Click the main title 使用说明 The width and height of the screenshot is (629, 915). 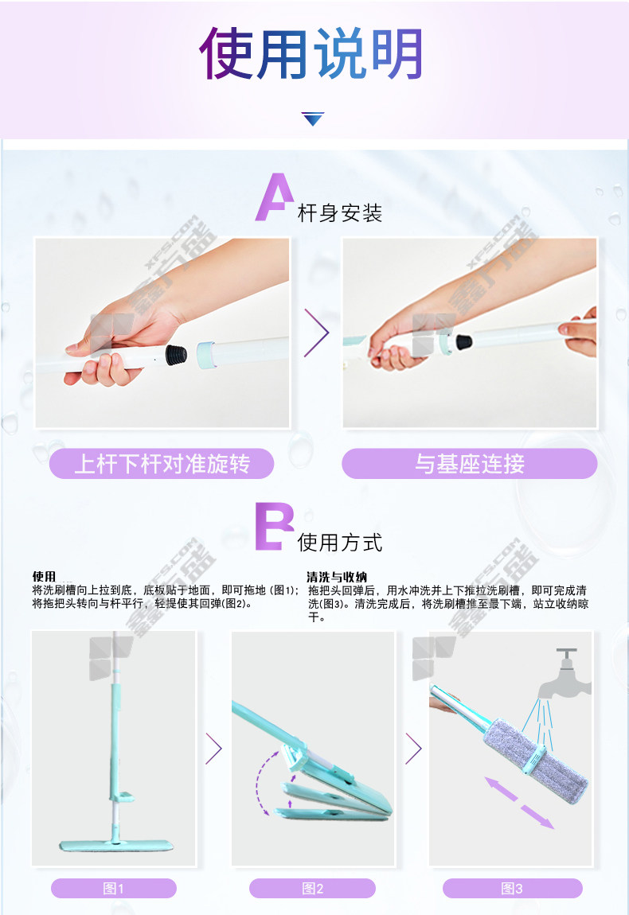click(x=311, y=53)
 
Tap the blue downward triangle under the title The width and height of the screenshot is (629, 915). click(x=313, y=119)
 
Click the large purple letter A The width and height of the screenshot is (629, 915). click(x=274, y=197)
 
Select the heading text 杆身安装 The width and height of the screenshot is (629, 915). click(x=340, y=213)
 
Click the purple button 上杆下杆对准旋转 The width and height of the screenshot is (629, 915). click(x=162, y=464)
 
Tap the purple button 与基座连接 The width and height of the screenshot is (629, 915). click(x=470, y=464)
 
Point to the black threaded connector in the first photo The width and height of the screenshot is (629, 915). click(x=176, y=354)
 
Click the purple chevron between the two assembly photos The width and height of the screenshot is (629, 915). click(x=317, y=333)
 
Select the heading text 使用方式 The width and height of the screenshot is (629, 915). click(x=340, y=543)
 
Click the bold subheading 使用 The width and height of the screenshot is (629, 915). click(x=44, y=577)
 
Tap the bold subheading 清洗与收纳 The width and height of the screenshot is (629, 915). click(x=337, y=577)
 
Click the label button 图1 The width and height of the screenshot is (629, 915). click(x=114, y=888)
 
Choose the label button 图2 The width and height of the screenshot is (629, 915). click(x=312, y=888)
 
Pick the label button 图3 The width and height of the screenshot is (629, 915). click(x=512, y=888)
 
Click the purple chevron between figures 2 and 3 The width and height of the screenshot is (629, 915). click(x=413, y=748)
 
